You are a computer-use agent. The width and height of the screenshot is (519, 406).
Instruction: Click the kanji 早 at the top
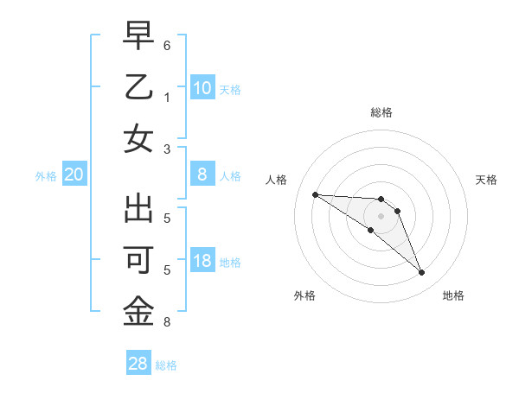pyautogui.click(x=139, y=37)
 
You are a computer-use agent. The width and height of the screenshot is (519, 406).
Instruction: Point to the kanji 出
pyautogui.click(x=139, y=209)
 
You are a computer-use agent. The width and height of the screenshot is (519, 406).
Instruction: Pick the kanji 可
pyautogui.click(x=139, y=260)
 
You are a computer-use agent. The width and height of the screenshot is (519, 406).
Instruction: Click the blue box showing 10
pyautogui.click(x=202, y=88)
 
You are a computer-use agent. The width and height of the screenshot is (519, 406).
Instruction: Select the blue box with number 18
pyautogui.click(x=202, y=262)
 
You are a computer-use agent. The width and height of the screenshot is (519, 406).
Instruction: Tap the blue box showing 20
pyautogui.click(x=74, y=175)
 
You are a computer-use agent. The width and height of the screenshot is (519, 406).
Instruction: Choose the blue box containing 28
pyautogui.click(x=138, y=364)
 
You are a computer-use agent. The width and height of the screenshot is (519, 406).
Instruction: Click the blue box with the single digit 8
pyautogui.click(x=202, y=175)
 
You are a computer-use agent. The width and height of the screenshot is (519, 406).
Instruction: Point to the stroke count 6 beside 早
pyautogui.click(x=167, y=45)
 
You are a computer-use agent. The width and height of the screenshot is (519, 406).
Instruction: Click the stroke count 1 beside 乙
pyautogui.click(x=167, y=96)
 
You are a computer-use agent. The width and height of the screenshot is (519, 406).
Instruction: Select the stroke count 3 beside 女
pyautogui.click(x=167, y=148)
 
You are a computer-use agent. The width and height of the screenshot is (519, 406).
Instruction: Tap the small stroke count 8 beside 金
pyautogui.click(x=167, y=322)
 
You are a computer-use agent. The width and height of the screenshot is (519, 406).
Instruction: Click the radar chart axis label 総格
pyautogui.click(x=381, y=112)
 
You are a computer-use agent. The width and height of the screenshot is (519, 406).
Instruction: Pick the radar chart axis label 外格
pyautogui.click(x=304, y=295)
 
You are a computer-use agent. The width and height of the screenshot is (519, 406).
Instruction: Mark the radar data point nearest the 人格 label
pyautogui.click(x=315, y=194)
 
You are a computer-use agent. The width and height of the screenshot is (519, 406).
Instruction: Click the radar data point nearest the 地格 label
pyautogui.click(x=421, y=273)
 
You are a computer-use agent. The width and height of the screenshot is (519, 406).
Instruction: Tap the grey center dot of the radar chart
pyautogui.click(x=381, y=216)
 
